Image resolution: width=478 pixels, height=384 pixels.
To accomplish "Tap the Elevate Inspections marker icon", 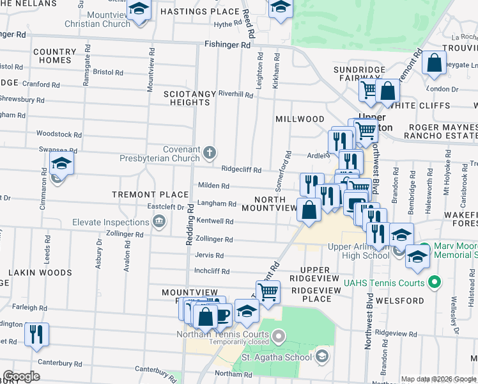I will pos(159,222).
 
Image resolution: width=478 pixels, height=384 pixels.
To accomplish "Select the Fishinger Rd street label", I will pos(227,45).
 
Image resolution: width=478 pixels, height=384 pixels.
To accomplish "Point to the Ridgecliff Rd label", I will pos(242,170).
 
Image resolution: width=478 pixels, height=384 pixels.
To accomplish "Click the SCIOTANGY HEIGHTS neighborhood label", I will pos(189,98).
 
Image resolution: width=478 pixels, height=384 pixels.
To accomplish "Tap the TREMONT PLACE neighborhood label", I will pos(150,195).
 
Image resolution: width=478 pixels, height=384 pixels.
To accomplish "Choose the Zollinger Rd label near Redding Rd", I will pos(214,239).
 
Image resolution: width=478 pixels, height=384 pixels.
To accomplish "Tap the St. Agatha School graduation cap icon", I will pos(322,356).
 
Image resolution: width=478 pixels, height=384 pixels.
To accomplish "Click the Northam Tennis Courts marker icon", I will pos(279,335).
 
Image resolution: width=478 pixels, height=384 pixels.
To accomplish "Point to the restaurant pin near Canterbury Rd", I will pos(36,333).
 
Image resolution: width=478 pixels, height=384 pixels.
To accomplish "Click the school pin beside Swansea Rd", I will pos(62,163).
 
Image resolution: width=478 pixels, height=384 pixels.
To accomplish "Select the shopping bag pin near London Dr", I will pos(435,63).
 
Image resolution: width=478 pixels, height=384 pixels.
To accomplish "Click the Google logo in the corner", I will pos(21,376).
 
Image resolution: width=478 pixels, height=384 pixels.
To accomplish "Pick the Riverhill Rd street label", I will pos(236,94).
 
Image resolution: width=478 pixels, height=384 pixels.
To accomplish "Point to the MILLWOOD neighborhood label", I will pos(300,119).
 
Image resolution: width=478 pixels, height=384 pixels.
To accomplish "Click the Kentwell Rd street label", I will pos(215,221).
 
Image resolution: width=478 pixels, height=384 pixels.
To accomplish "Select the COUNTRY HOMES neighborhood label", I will pos(54,56).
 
